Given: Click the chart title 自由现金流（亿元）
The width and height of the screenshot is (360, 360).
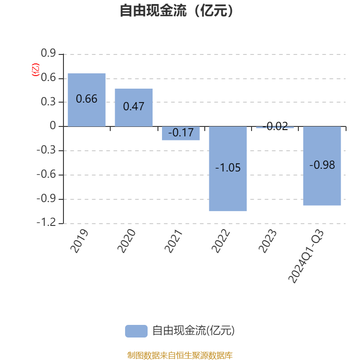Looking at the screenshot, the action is pos(176,10).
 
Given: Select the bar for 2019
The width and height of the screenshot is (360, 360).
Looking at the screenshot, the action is pos(86,100).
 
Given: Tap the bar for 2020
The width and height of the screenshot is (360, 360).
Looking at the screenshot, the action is pos(134,108).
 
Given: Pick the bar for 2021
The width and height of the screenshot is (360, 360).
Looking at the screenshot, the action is pos(181,133).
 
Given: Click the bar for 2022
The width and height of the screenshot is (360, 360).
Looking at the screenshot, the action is pos(228,168).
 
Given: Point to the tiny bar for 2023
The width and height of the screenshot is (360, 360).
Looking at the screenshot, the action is pos(275,127).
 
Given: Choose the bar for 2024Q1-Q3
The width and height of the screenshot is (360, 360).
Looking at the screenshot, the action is pos(322,166).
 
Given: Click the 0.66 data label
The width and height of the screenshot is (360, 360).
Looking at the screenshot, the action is pos(86,99).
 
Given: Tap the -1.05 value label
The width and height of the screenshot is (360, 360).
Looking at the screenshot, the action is pos(228,167).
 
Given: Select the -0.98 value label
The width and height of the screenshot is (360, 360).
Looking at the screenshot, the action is pos(322,165).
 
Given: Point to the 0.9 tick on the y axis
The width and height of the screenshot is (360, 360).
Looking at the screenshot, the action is pos(48,53).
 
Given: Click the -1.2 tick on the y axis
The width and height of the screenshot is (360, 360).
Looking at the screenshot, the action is pos(46,222).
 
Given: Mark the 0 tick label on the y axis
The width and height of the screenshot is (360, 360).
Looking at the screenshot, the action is pos(53,126).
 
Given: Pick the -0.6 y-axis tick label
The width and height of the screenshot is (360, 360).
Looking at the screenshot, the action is pos(46,174).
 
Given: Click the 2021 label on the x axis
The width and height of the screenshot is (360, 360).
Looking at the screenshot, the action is pos(173,241).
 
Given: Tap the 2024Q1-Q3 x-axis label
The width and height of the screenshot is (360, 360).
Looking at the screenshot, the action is pos(306,256).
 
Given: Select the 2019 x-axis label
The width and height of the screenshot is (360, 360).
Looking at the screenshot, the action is pos(79,241).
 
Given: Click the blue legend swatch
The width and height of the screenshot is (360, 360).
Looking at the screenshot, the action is pos(136,331).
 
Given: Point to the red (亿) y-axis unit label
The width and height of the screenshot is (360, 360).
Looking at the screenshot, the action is pos(36,70).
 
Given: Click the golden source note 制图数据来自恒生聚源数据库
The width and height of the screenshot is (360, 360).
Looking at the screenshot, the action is pos(180,355).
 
